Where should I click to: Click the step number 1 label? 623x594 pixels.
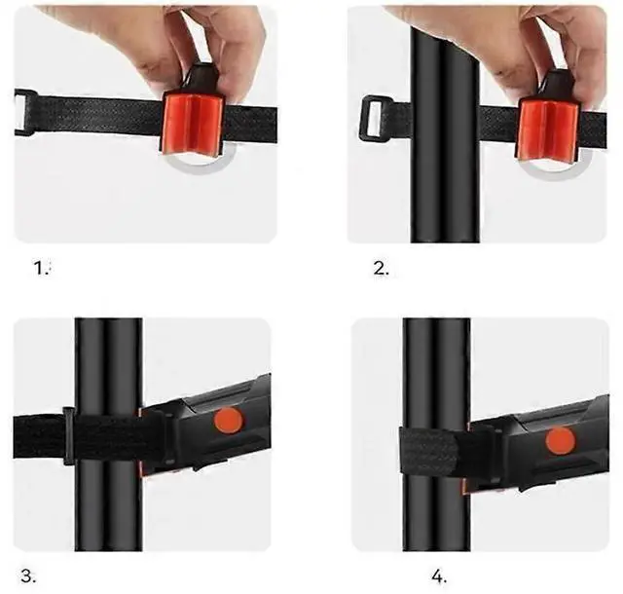point(41,269)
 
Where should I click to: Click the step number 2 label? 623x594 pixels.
point(381,269)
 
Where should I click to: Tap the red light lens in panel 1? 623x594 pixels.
point(191,127)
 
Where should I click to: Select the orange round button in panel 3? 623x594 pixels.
point(228,421)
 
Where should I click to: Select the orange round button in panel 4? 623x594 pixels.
point(560,440)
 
